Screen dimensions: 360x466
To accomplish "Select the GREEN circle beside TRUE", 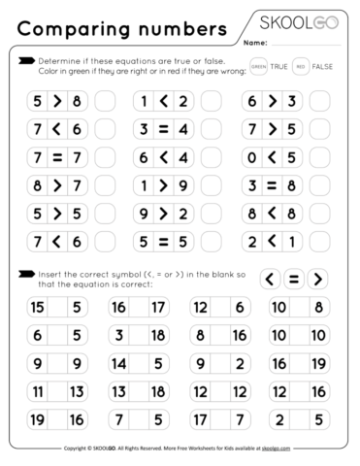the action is click(257, 66).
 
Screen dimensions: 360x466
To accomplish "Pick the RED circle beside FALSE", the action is click(303, 66).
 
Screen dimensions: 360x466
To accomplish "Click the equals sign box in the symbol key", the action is click(292, 279).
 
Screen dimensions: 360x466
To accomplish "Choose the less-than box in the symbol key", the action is click(269, 279).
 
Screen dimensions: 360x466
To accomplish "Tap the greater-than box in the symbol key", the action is click(315, 279).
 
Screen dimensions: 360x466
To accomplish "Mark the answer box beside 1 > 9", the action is click(212, 183).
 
